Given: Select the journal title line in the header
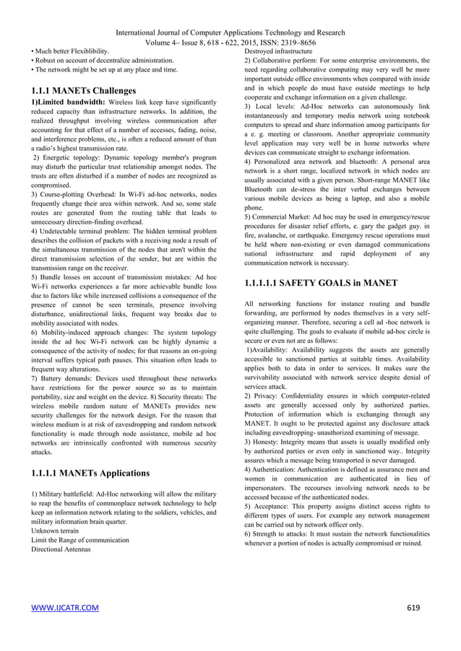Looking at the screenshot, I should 230,32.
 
